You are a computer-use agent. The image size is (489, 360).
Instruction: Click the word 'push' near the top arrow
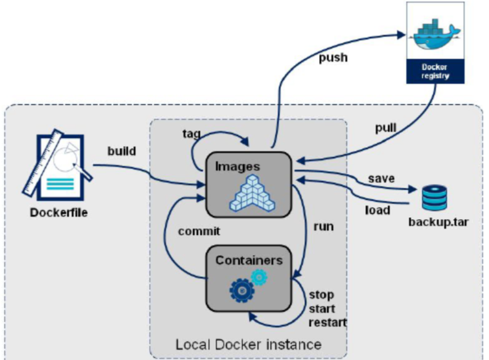(x=333, y=58)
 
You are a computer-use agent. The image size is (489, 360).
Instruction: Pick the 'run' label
(x=324, y=226)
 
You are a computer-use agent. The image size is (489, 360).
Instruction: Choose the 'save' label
(x=381, y=178)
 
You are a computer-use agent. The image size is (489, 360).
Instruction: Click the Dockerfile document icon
(x=59, y=166)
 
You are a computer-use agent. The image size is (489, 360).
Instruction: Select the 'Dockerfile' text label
(x=59, y=214)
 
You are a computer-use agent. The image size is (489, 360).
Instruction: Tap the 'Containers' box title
(x=249, y=260)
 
